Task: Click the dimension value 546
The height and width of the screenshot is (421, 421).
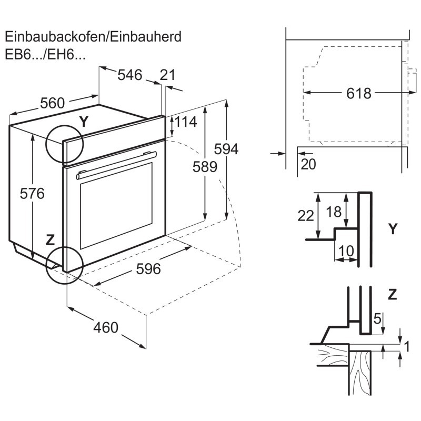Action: point(129,75)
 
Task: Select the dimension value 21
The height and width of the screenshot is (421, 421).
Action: point(167,75)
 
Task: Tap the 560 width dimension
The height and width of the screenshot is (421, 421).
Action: point(53,103)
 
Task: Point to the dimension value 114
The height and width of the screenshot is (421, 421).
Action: point(185,122)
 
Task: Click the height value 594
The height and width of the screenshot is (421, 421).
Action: point(227,149)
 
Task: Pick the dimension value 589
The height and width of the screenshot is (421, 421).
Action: point(205,167)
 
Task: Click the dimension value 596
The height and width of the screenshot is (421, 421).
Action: point(148,269)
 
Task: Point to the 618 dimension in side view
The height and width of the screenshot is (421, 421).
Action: point(359,94)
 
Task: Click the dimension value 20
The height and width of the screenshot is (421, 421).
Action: point(308,164)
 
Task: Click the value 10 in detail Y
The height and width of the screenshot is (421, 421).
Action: point(346,252)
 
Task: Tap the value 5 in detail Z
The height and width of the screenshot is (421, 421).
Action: point(376,318)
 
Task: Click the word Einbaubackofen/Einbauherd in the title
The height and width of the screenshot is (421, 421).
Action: point(93,37)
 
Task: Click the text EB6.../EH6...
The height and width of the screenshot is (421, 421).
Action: point(45,54)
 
